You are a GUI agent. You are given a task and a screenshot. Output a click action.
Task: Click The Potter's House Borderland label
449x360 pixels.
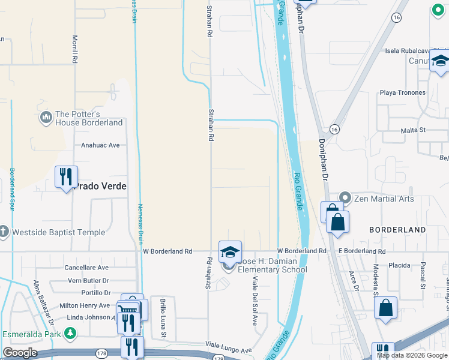tap(88, 118)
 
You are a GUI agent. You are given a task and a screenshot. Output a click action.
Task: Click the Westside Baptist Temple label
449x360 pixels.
tap(58, 232)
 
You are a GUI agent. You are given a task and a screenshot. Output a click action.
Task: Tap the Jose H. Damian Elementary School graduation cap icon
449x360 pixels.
tap(229, 253)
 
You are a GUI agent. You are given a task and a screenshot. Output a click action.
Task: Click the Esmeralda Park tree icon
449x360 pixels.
tap(71, 332)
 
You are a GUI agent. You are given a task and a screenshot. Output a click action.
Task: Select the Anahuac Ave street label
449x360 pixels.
tap(100, 145)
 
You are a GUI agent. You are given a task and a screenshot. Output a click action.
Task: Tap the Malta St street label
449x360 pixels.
tap(413, 130)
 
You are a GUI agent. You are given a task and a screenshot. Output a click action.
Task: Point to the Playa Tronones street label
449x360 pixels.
tap(402, 93)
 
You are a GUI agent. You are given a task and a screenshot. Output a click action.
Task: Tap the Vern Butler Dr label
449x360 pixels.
tap(88, 280)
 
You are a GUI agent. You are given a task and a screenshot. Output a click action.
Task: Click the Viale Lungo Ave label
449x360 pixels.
tap(229, 350)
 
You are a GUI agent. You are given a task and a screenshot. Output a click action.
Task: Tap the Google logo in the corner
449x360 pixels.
tap(20, 353)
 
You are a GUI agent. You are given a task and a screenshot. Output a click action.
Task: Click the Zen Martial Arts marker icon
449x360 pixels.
tap(345, 197)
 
